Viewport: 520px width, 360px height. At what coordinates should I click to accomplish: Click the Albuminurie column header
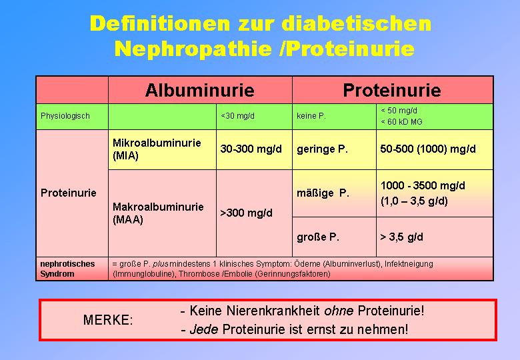click(x=199, y=90)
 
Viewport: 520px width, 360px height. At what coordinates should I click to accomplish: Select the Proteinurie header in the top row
click(x=392, y=90)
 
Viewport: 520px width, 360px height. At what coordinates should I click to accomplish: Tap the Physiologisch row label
click(x=65, y=116)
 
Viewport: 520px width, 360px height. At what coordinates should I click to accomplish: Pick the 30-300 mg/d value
click(x=251, y=149)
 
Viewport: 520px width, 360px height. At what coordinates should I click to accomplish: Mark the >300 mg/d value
click(x=246, y=213)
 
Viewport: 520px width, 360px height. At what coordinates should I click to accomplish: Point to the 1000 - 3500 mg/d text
click(x=423, y=185)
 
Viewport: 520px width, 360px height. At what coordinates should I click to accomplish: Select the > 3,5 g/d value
click(x=401, y=237)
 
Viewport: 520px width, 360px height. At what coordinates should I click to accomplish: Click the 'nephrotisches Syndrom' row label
click(x=67, y=269)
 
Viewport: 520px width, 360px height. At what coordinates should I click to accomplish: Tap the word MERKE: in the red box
click(x=108, y=320)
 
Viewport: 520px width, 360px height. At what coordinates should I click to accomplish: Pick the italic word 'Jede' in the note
click(x=204, y=329)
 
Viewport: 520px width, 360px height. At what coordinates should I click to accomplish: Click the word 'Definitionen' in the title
click(x=159, y=24)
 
